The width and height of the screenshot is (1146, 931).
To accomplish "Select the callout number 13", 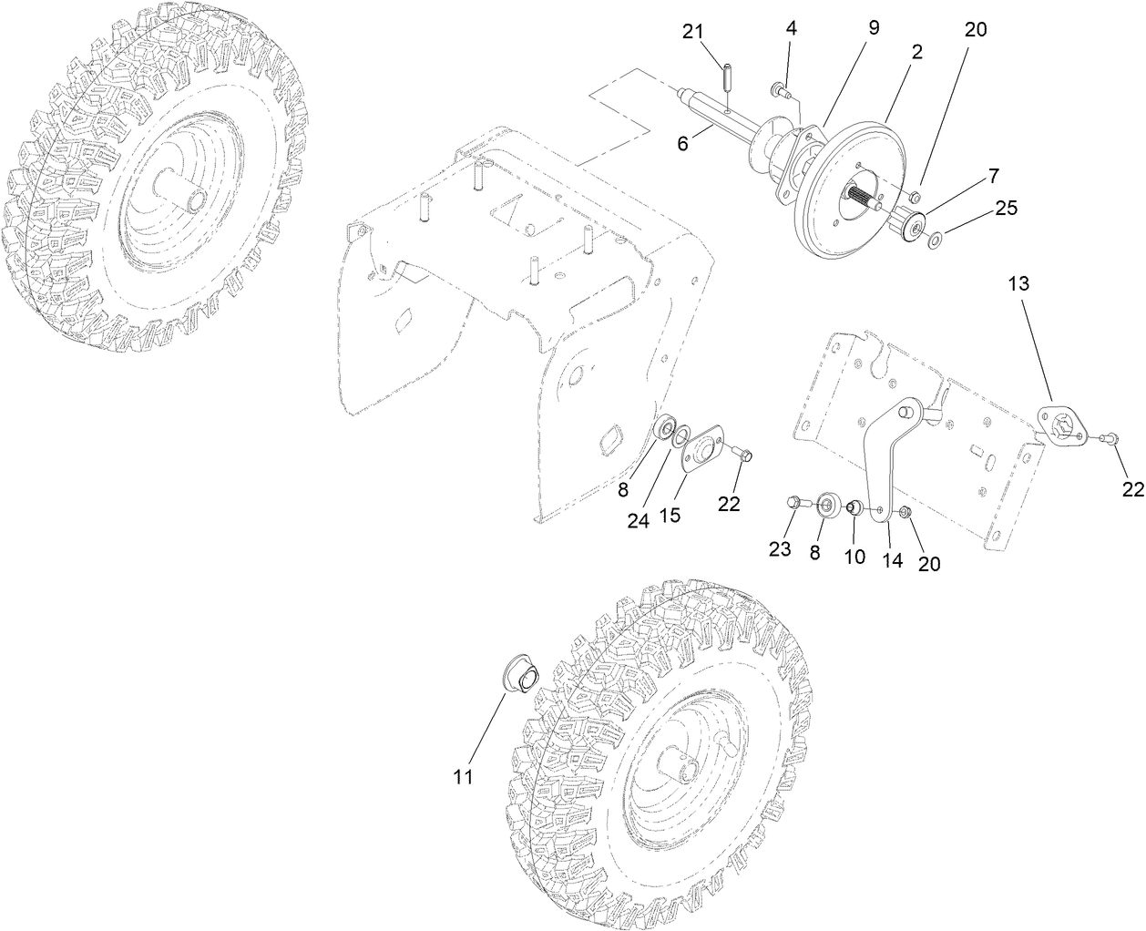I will [1018, 284].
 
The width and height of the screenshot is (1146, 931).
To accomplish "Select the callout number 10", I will [854, 556].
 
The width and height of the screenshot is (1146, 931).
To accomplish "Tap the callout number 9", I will [873, 27].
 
